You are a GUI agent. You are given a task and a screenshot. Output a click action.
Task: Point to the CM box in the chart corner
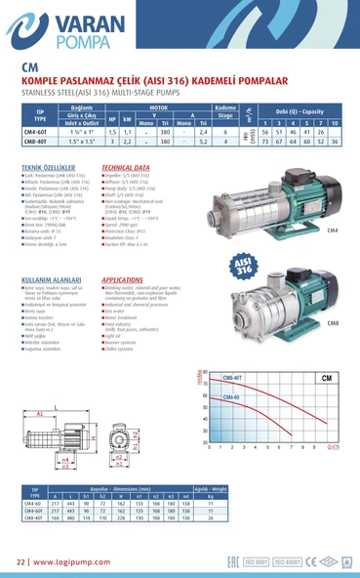pos(325,377)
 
